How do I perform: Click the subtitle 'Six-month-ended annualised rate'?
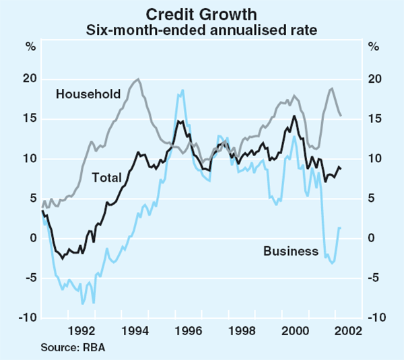202,30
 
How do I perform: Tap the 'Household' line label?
88,93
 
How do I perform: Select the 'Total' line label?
106,178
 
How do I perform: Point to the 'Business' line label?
291,251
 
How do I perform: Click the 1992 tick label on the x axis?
81,330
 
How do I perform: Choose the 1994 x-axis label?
135,330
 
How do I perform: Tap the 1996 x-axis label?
188,330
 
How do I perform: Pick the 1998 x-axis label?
241,330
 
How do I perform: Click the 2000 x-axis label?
294,330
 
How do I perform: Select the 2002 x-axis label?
347,330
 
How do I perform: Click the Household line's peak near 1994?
137,79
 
